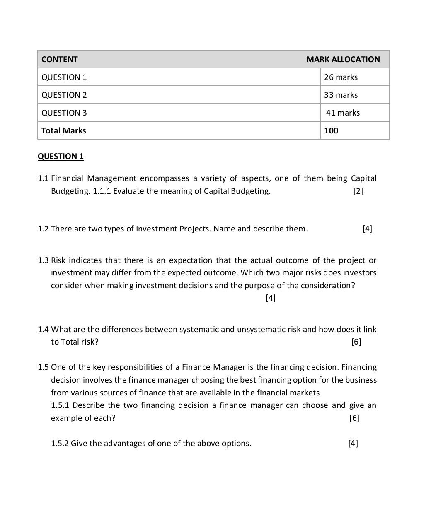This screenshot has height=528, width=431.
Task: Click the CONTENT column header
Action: pos(59,59)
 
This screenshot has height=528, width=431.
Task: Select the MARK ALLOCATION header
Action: pos(343,59)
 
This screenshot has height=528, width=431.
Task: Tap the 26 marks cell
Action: pos(341,77)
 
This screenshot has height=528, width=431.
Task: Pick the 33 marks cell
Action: pos(341,95)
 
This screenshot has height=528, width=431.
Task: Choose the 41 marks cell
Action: pos(343,113)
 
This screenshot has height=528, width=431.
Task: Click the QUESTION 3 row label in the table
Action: pos(64,113)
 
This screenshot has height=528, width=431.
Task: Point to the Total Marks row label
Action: pos(64,130)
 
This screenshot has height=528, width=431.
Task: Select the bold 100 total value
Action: pos(331,130)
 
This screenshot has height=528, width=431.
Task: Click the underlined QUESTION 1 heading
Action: pos(61,156)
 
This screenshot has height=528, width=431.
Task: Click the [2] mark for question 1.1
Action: pos(358,191)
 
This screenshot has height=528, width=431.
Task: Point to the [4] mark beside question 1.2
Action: pos(367,229)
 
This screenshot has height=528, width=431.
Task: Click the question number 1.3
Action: pos(43,260)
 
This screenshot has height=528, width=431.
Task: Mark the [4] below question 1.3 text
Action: pos(271,298)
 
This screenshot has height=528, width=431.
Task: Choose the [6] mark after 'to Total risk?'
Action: pos(356,342)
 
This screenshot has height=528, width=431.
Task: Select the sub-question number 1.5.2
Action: pos(60,443)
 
